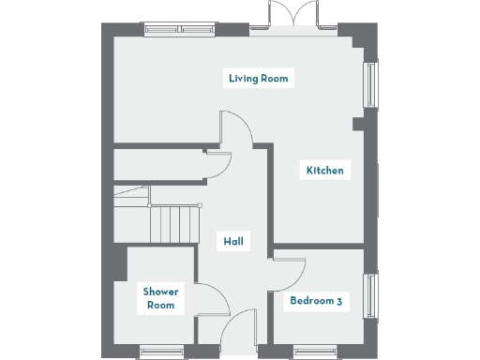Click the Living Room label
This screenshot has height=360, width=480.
259,78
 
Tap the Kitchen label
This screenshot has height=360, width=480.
324,171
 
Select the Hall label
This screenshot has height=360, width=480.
233,242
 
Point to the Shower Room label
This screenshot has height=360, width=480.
160,298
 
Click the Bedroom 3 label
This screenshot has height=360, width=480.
315,301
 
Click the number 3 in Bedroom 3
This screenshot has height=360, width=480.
337,301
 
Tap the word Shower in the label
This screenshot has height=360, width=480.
160,292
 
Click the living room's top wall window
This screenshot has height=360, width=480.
178,30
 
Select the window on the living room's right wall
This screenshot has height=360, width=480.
370,85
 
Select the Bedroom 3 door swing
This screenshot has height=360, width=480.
292,272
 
